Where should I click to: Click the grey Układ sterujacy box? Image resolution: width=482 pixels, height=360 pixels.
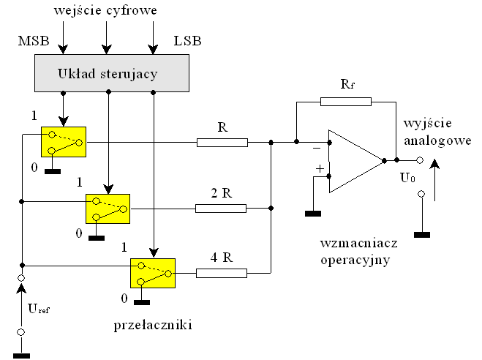coord(108,73)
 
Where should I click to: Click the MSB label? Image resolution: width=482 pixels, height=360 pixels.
coord(33,41)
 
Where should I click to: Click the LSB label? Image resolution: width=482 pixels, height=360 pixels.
coord(187,41)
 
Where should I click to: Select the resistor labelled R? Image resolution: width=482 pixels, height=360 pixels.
coord(222,142)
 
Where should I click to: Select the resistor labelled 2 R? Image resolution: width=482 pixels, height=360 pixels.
coord(220,209)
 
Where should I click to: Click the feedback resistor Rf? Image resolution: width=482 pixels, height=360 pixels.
coord(346,102)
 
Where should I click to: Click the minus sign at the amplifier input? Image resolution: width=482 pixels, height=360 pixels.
coord(317,147)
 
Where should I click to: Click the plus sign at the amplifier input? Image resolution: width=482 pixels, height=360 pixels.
coord(319,169)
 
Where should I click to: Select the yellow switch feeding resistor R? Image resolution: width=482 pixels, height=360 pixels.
coord(64,142)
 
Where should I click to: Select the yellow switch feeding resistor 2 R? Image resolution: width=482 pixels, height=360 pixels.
coord(108,209)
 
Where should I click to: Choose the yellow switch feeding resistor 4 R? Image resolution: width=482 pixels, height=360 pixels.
coord(152,274)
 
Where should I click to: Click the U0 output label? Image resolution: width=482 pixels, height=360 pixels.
coord(407,178)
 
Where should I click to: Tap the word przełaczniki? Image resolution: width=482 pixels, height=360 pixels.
coord(154,323)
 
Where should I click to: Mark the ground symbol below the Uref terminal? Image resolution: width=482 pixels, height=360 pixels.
coord(21,355)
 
